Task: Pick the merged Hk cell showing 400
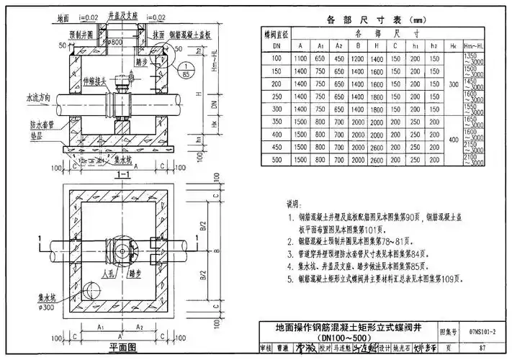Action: (x=452, y=140)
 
